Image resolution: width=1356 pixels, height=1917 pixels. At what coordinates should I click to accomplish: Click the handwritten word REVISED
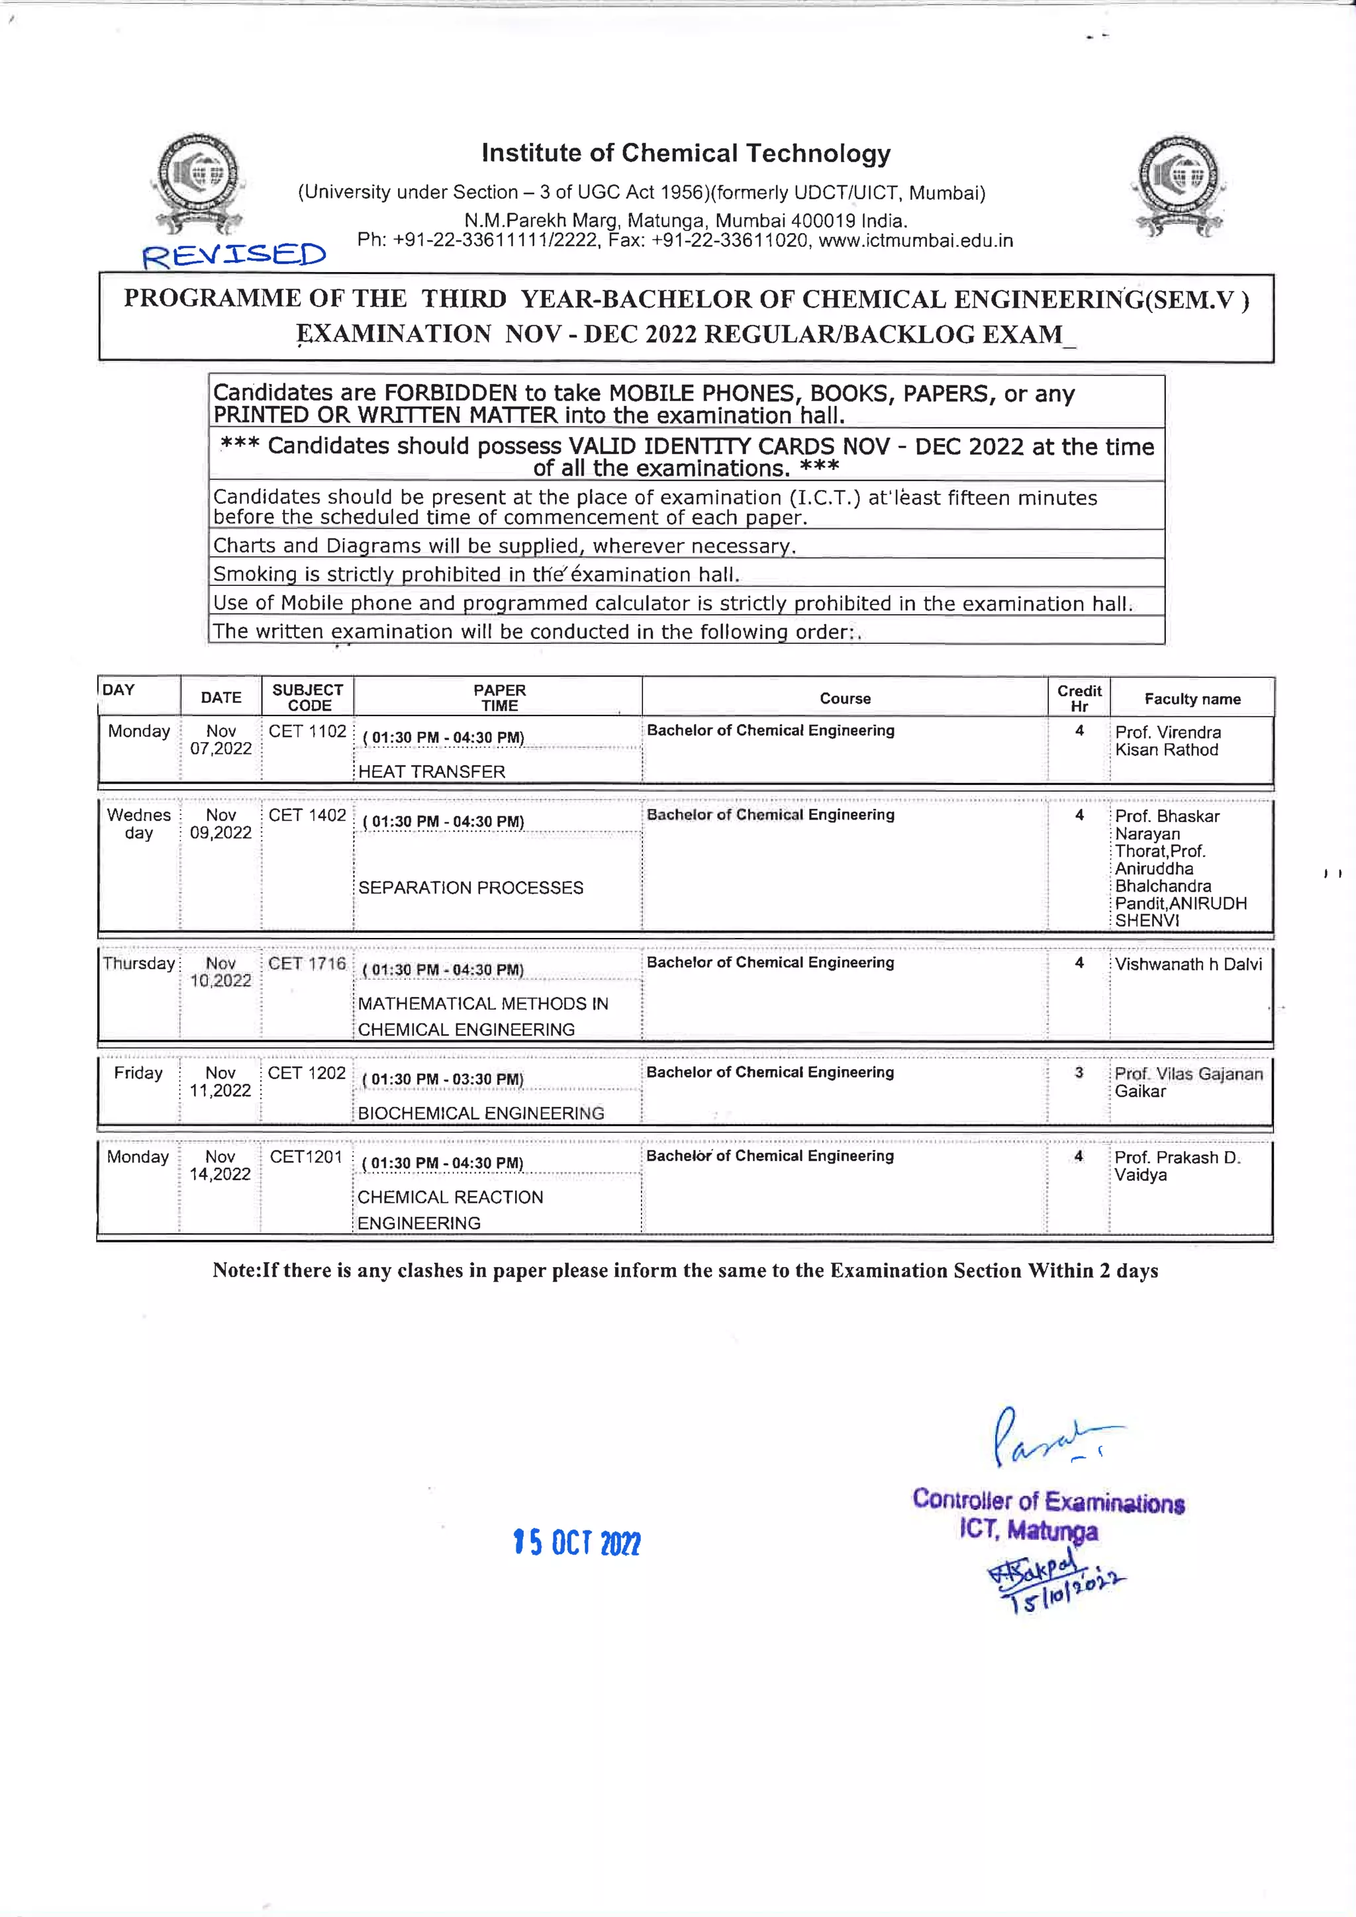(234, 255)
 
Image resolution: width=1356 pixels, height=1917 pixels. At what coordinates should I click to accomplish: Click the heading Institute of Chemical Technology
(685, 154)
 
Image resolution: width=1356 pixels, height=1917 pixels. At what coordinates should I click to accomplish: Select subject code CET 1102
(307, 731)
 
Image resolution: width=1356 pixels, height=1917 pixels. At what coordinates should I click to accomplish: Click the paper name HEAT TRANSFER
(432, 771)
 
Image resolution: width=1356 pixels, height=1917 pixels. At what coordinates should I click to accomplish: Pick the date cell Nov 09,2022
(220, 824)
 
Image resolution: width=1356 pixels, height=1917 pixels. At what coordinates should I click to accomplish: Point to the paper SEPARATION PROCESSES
(471, 888)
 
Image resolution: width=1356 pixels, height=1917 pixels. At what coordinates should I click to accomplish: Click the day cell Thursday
(138, 964)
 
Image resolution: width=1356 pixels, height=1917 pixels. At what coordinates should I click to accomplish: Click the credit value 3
(1078, 1072)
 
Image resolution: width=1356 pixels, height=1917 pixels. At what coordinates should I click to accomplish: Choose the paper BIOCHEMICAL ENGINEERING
(481, 1113)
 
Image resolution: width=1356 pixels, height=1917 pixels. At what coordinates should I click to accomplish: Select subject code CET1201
(306, 1156)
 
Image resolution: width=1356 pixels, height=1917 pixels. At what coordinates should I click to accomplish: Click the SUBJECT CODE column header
(307, 697)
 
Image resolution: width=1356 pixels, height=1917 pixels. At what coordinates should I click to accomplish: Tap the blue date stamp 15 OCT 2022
(577, 1542)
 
